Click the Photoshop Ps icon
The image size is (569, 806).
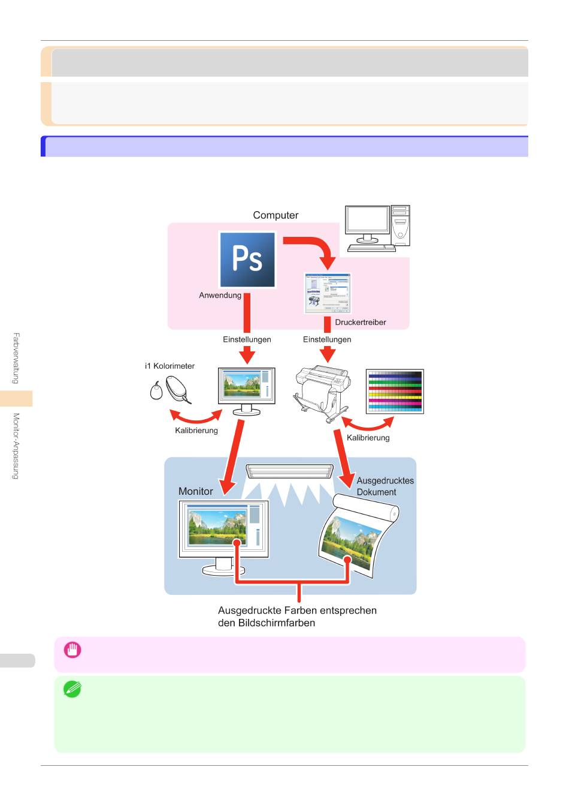click(x=247, y=260)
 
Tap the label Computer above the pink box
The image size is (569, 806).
click(x=276, y=215)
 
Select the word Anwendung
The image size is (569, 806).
click(x=220, y=296)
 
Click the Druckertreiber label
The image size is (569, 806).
click(x=361, y=323)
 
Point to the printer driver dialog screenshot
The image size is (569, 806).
click(x=328, y=293)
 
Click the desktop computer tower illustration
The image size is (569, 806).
click(x=377, y=228)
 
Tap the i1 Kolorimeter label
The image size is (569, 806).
click(x=170, y=366)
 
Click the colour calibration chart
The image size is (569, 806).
click(x=395, y=392)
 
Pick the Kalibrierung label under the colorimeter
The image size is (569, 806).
click(x=196, y=431)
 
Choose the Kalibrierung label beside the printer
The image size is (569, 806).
click(x=368, y=438)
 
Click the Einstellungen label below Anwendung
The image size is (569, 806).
click(x=247, y=339)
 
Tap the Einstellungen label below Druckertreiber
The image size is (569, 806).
click(x=327, y=339)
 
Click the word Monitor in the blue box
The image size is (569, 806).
click(x=195, y=491)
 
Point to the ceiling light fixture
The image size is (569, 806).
click(x=289, y=471)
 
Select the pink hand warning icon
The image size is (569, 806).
click(x=72, y=650)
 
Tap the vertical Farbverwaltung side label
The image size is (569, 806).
click(x=16, y=359)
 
